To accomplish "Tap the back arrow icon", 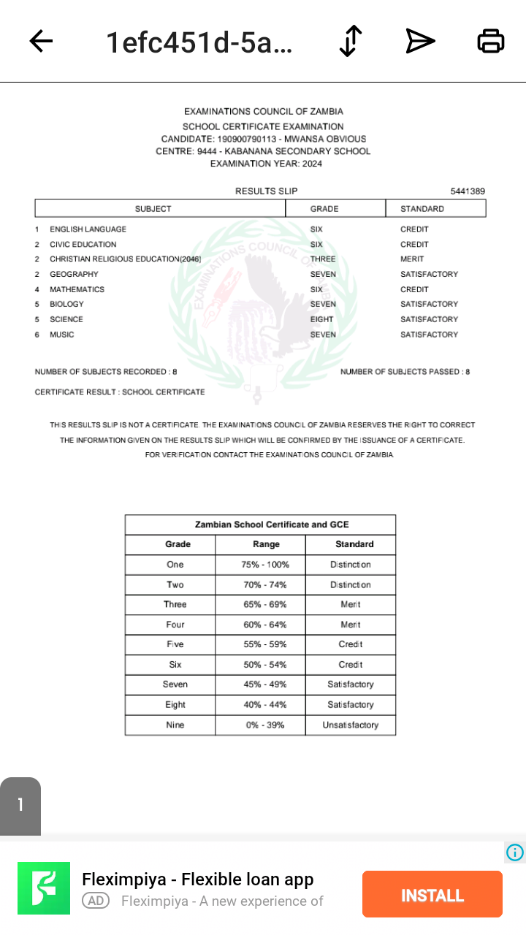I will click(41, 42).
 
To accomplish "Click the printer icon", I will click(490, 42).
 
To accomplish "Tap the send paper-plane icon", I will click(420, 42).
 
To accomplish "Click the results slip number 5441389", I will click(468, 191).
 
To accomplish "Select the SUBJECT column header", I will click(153, 209).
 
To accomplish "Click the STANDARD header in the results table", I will click(422, 209).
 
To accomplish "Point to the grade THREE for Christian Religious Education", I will click(323, 259).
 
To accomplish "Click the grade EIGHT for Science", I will click(321, 319).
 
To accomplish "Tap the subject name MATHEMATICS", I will click(77, 289).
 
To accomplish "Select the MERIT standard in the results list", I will click(412, 259).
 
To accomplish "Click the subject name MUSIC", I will click(61, 335).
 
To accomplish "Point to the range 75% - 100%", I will click(265, 565).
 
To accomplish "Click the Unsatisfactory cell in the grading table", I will click(351, 725).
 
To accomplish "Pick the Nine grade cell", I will click(175, 725).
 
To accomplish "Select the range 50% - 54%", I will click(265, 665).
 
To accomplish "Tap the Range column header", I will click(266, 544).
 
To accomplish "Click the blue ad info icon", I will click(515, 852).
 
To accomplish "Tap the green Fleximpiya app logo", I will click(44, 888).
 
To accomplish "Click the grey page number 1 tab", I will click(20, 805).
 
